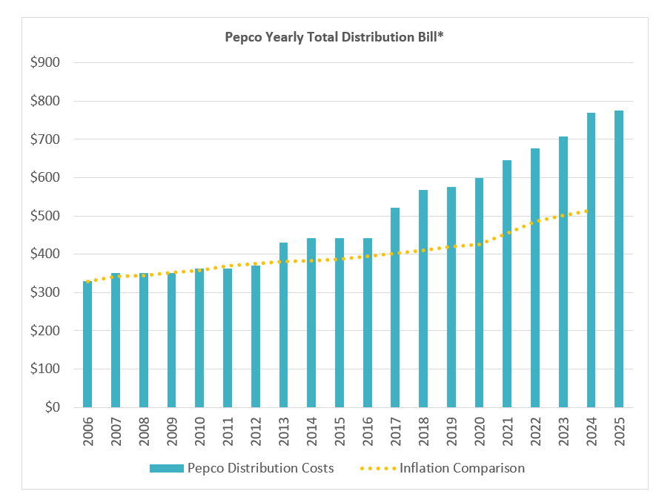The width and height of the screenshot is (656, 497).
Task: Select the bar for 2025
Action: point(619,259)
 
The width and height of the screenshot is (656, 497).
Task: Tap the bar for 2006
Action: point(87,344)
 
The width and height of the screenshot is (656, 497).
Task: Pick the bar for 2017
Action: point(395,307)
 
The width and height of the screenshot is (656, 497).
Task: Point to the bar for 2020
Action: point(479,292)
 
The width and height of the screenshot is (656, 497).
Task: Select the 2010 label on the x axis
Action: point(199,431)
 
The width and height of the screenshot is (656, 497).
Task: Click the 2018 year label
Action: point(423,431)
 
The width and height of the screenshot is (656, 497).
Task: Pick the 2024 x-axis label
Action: point(591,431)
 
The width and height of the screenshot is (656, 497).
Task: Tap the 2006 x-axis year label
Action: point(87,431)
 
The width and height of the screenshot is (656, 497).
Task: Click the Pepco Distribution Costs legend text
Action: point(260,468)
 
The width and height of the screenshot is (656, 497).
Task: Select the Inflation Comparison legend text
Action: point(462,468)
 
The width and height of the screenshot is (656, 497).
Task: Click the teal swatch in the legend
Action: point(166,468)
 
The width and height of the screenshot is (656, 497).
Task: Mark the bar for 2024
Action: point(591,260)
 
